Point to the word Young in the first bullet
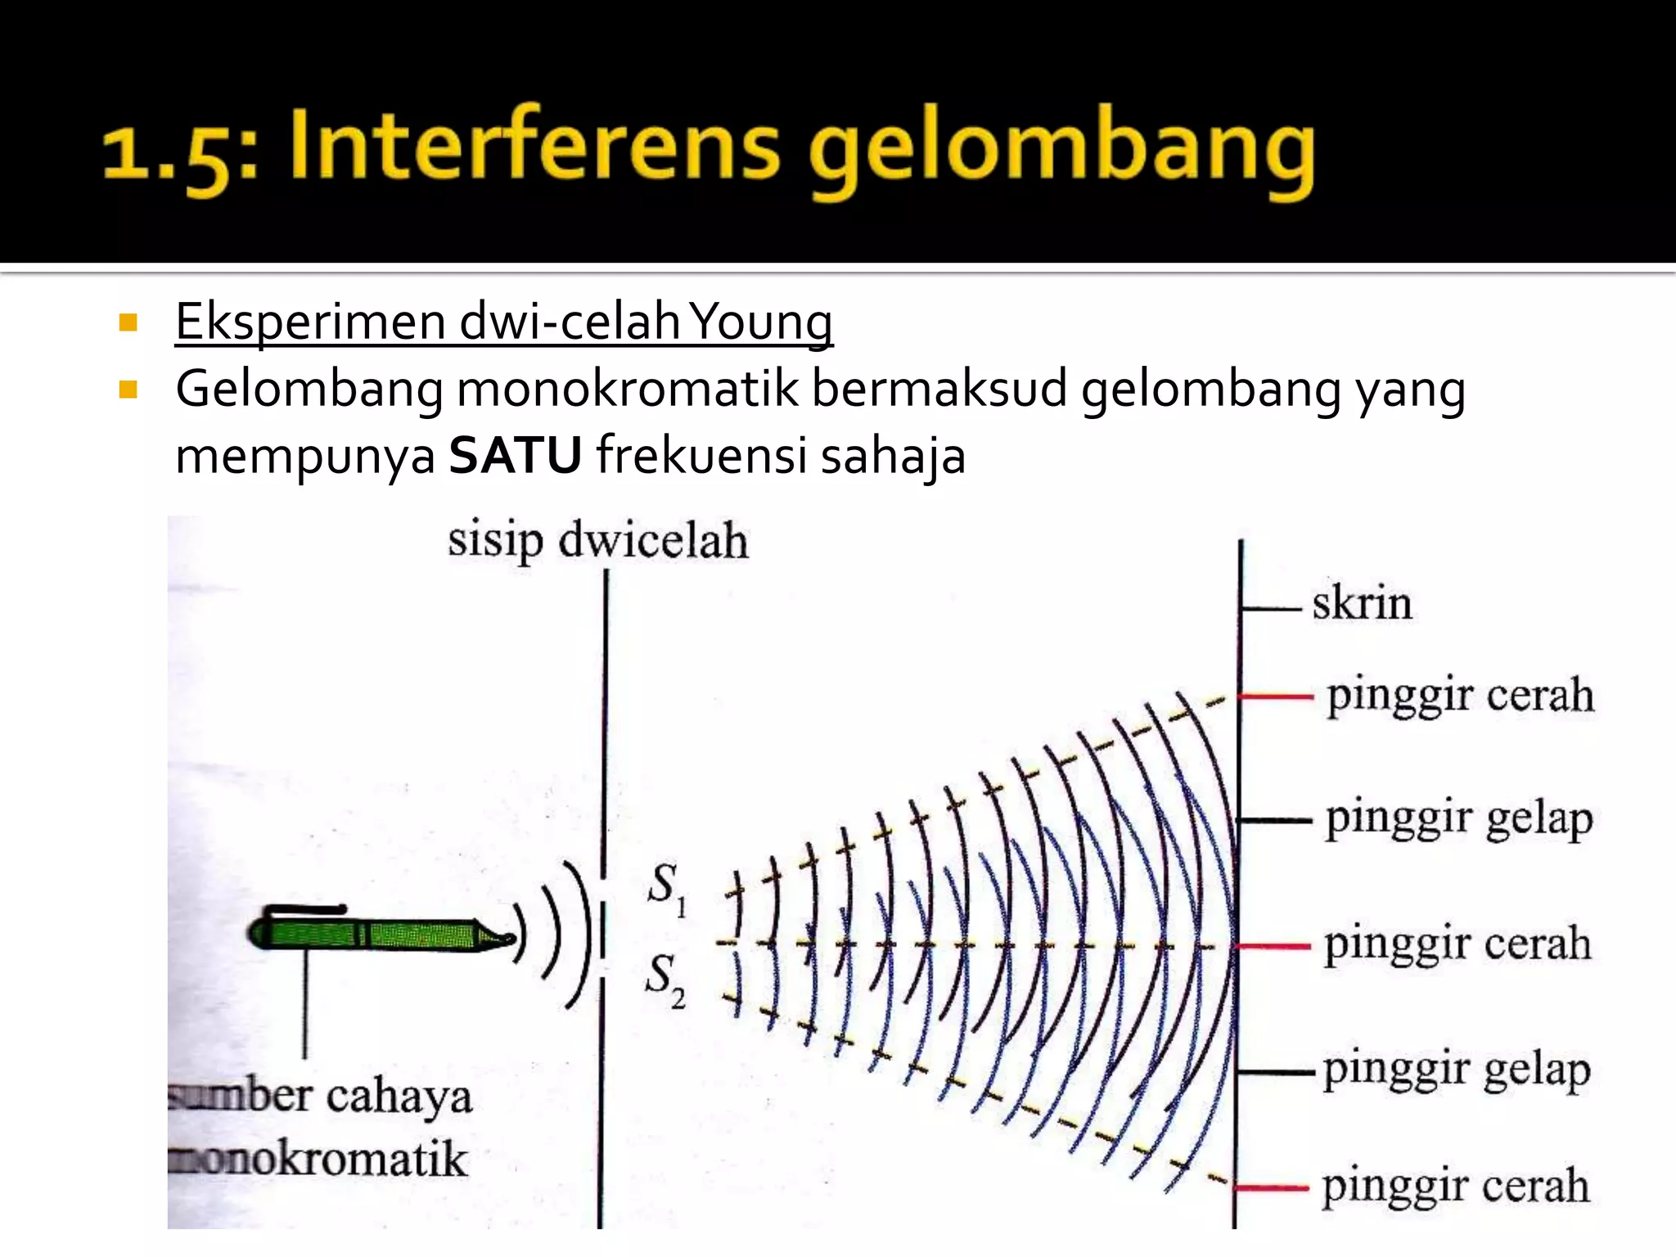(x=760, y=323)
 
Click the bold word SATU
(x=516, y=456)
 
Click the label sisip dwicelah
(x=597, y=542)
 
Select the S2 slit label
(x=665, y=980)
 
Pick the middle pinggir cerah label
(x=1457, y=944)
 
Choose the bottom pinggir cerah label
(x=1456, y=1186)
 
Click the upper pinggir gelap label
(x=1459, y=819)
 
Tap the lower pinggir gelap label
(x=1457, y=1070)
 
